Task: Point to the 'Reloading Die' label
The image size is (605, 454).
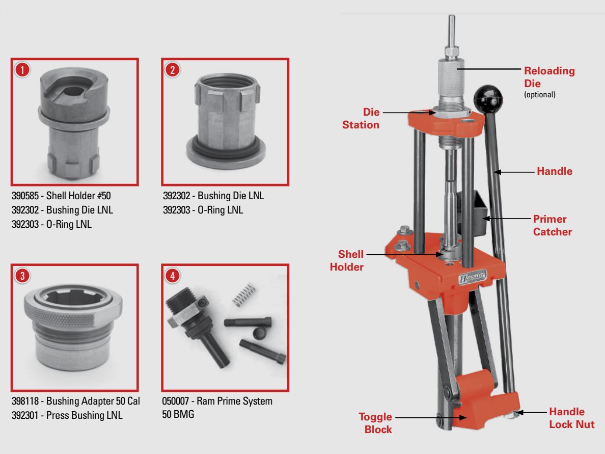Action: pos(549,76)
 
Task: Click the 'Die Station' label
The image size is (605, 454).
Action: pos(361,118)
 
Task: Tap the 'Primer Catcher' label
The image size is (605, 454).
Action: pos(552,225)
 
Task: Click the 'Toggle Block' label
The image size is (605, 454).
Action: pos(375,423)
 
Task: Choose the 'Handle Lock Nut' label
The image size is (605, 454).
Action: pos(571,418)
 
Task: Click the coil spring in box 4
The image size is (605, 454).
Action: pos(243,297)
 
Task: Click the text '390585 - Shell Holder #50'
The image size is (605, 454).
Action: pos(61,196)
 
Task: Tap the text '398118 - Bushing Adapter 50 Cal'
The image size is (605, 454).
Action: pos(75,402)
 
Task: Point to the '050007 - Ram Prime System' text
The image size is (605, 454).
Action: pos(217,402)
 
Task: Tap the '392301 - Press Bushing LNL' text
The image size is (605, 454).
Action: pos(67,415)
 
